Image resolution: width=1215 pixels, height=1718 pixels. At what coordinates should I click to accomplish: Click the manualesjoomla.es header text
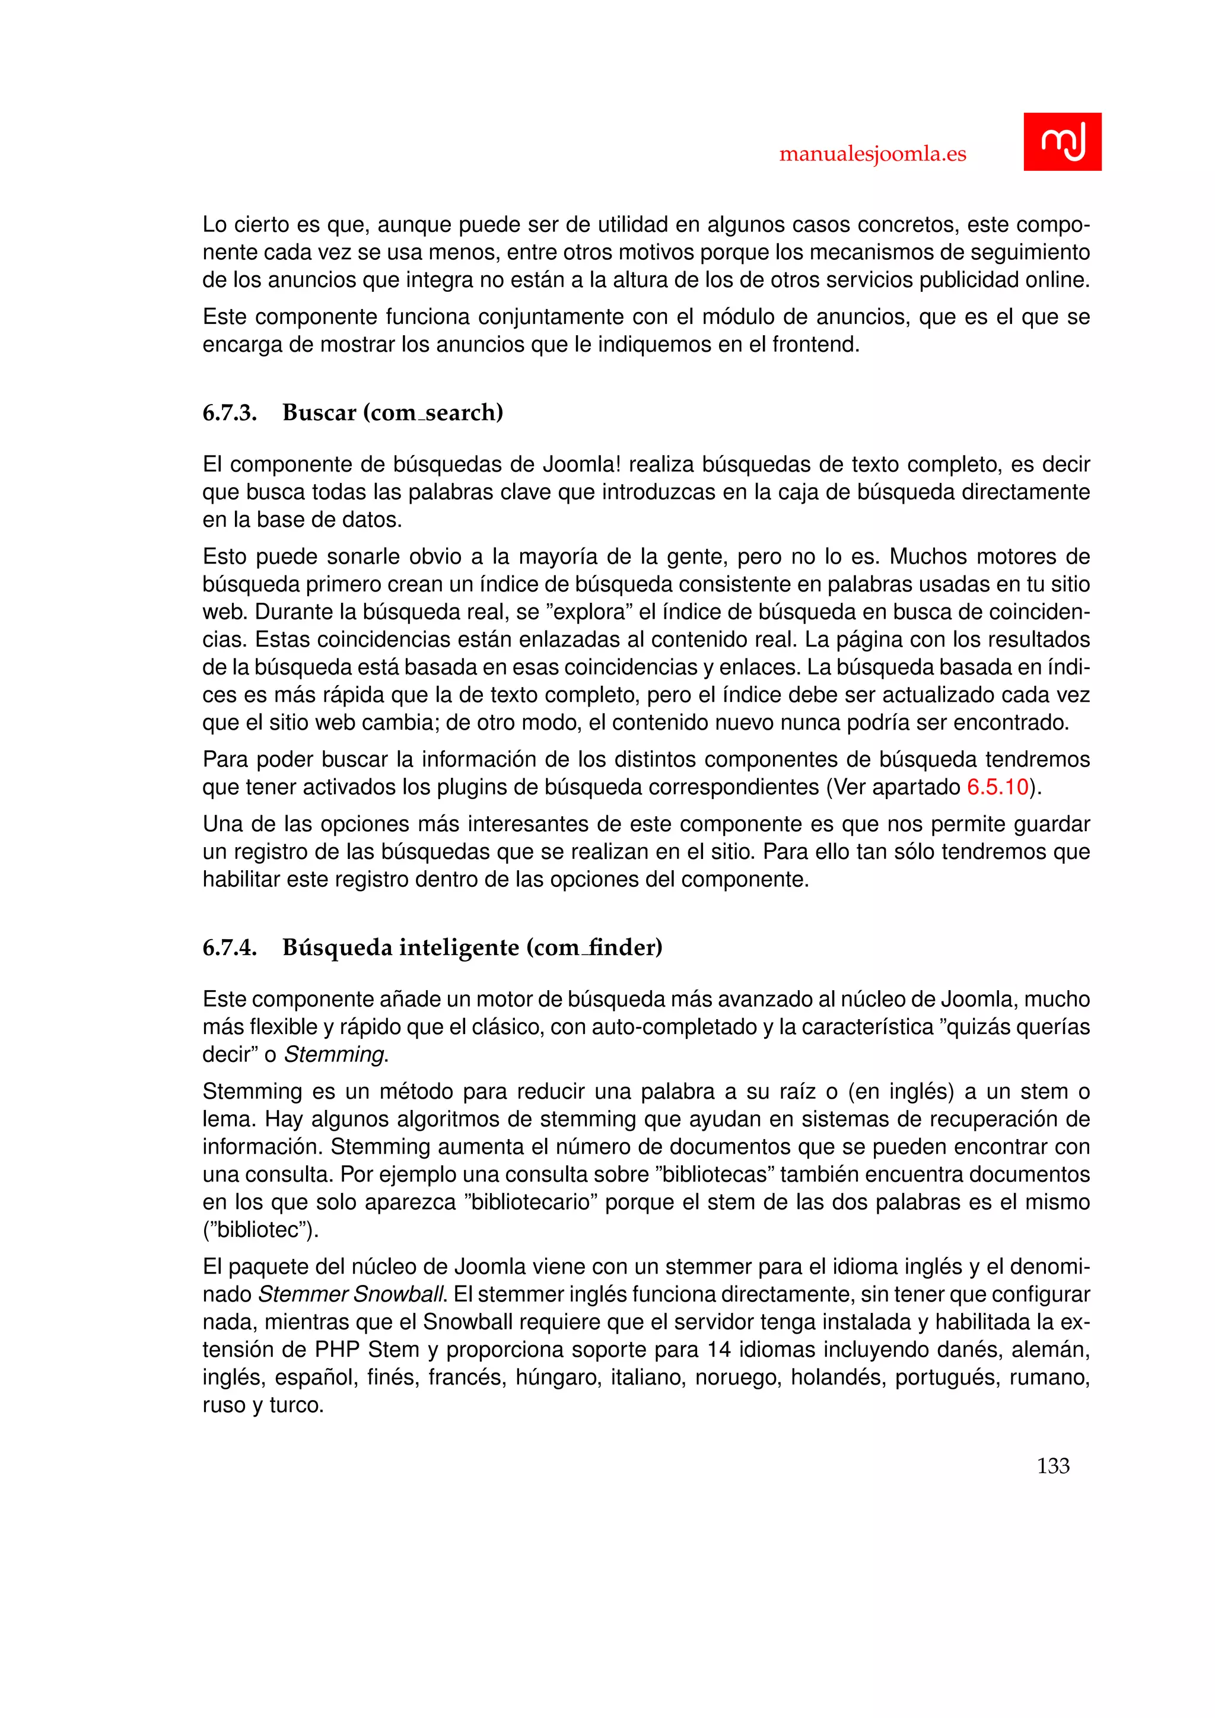[x=872, y=154]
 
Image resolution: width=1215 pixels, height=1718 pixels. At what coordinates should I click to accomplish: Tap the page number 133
[x=1052, y=1466]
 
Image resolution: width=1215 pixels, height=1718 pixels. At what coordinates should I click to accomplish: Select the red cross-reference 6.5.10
[x=998, y=787]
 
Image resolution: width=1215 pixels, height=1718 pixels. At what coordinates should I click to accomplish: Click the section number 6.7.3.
[x=230, y=413]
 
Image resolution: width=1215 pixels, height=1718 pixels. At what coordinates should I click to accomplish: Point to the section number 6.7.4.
[x=230, y=948]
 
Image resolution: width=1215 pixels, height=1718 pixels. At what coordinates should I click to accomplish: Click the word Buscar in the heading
[x=319, y=413]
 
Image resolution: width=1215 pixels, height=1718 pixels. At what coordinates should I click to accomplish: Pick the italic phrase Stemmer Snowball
[x=352, y=1294]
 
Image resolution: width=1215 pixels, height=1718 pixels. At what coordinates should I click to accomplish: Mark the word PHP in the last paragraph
[x=338, y=1350]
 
